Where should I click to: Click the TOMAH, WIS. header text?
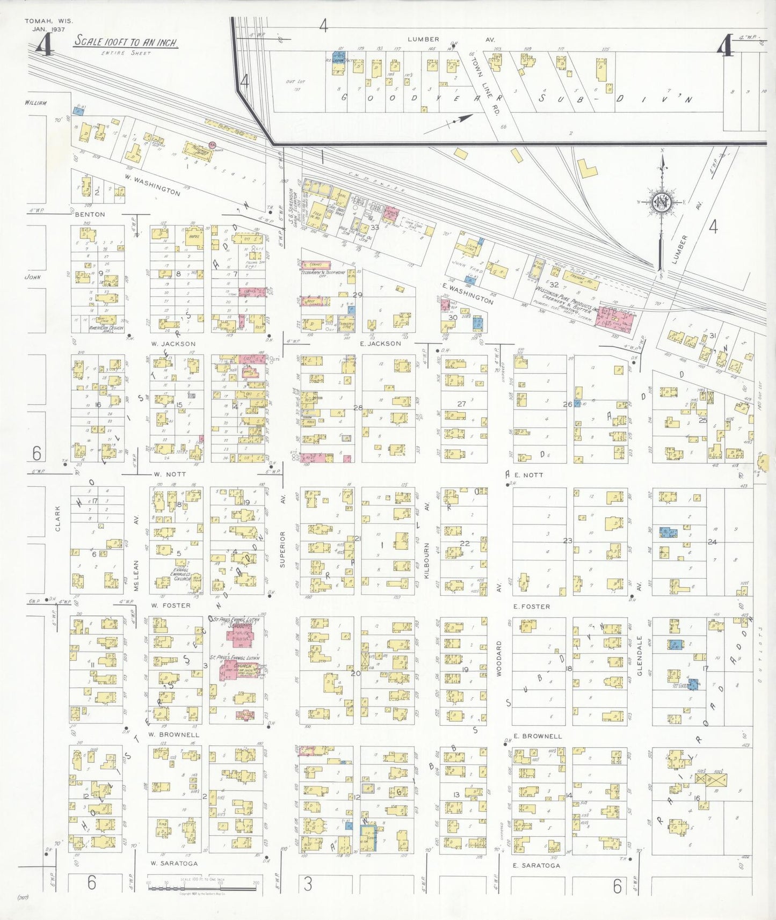pyautogui.click(x=48, y=21)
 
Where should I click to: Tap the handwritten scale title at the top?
pyautogui.click(x=126, y=42)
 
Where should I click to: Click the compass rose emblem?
pyautogui.click(x=662, y=202)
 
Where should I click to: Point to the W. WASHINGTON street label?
pyautogui.click(x=152, y=184)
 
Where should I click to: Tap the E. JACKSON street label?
pyautogui.click(x=380, y=344)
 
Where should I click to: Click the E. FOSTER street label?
pyautogui.click(x=531, y=607)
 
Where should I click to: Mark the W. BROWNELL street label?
pyautogui.click(x=174, y=735)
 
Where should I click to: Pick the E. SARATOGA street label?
pyautogui.click(x=536, y=865)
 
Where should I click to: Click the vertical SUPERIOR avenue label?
pyautogui.click(x=282, y=549)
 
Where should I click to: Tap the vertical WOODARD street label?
pyautogui.click(x=498, y=658)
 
